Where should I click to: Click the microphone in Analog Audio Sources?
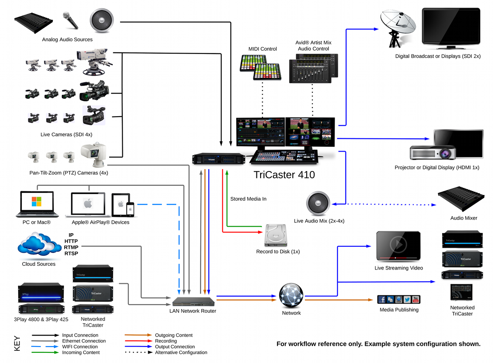click(x=70, y=20)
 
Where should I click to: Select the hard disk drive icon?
click(x=276, y=235)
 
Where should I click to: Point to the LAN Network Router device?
click(x=193, y=302)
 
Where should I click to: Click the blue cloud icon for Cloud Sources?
click(x=39, y=244)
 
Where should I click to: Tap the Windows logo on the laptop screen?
click(x=36, y=202)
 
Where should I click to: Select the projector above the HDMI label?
click(x=433, y=152)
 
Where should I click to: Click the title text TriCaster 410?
click(x=284, y=175)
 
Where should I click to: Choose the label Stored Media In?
click(x=248, y=199)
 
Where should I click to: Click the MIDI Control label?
click(x=263, y=49)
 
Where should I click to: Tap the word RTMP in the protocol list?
click(x=71, y=247)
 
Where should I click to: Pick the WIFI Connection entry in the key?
click(x=80, y=347)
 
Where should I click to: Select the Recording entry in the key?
click(x=166, y=341)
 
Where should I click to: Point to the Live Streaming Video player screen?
click(x=398, y=246)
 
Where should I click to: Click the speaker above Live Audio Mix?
click(x=318, y=203)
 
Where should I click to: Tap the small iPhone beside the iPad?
click(x=130, y=209)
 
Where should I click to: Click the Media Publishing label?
click(x=399, y=309)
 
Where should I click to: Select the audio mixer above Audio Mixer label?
click(x=461, y=199)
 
